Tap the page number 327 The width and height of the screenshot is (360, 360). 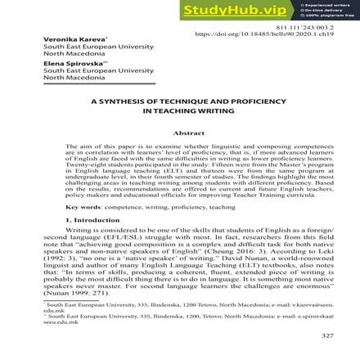tap(327, 336)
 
